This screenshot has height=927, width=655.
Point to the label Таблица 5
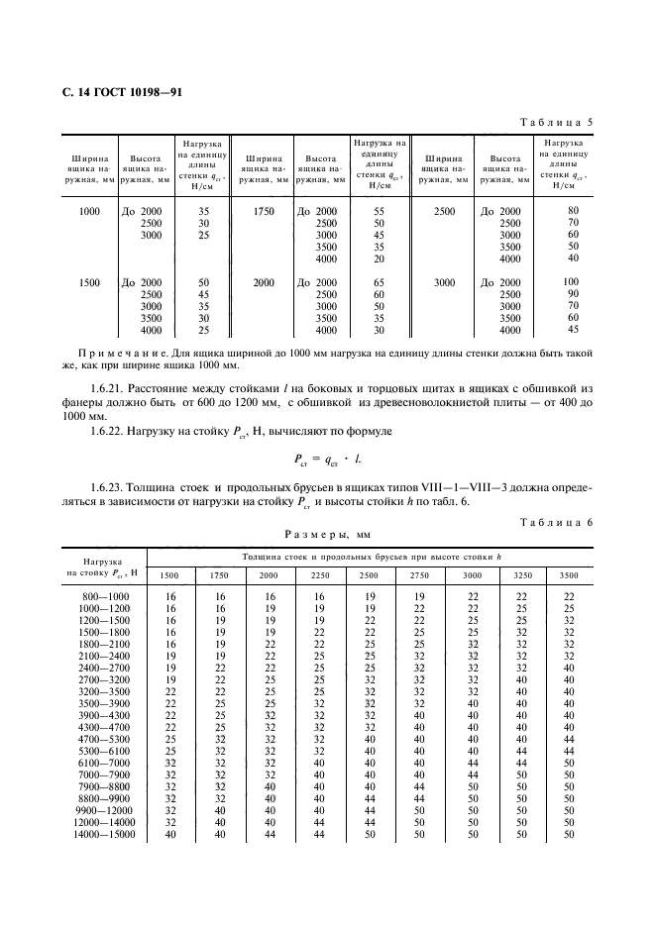tap(556, 123)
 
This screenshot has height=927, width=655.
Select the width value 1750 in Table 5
tap(264, 212)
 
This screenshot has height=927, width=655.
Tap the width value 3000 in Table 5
tap(445, 283)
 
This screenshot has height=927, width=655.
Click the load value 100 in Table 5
tap(571, 282)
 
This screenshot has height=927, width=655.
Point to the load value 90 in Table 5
tap(572, 294)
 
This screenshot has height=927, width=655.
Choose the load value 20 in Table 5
tap(378, 259)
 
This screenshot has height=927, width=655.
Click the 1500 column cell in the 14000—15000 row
tap(169, 835)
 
